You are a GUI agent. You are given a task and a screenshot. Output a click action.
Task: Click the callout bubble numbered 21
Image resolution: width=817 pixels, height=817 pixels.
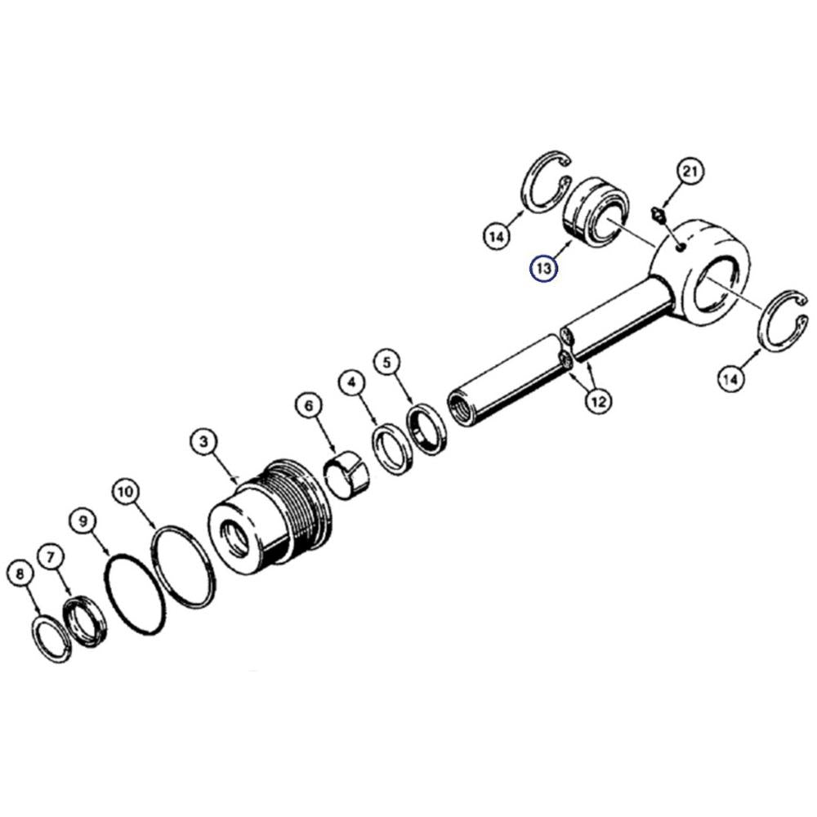[x=690, y=171]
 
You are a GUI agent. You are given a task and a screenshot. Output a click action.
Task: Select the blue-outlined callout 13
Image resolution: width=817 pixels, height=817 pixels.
[x=543, y=268]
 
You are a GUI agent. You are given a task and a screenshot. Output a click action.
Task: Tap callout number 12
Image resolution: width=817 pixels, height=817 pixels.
[x=599, y=401]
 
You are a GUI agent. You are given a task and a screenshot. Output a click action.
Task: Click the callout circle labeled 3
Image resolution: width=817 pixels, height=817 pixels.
[x=203, y=442]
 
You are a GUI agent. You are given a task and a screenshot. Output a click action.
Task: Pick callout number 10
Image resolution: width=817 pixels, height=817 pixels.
[x=127, y=492]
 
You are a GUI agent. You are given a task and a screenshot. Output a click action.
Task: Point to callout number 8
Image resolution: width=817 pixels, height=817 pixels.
[x=20, y=574]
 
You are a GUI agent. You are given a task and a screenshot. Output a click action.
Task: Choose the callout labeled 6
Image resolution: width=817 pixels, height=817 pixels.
[x=310, y=405]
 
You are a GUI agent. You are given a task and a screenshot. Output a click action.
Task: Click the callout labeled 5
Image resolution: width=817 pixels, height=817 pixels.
[x=386, y=363]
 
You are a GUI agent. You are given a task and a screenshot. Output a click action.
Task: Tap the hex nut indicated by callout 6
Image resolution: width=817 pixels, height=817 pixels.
[x=346, y=475]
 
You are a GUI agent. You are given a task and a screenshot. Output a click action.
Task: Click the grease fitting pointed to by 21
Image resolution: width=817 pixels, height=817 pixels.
[x=658, y=215]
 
